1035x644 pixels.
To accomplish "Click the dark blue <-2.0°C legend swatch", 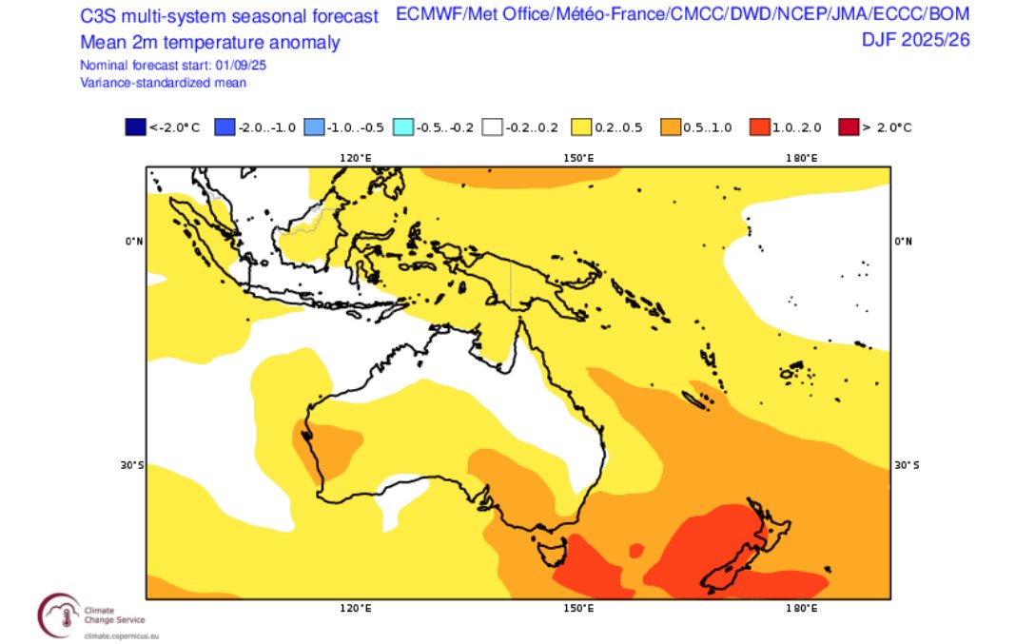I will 135,127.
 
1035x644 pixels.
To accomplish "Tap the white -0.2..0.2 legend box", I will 493,127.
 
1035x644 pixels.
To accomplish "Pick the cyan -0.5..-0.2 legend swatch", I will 403,127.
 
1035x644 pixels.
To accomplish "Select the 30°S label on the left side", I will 133,465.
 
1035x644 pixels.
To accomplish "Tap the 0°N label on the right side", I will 905,241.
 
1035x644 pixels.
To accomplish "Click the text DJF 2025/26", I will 916,40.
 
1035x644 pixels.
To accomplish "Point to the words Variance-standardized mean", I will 164,83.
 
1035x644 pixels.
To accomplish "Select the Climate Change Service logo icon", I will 59,614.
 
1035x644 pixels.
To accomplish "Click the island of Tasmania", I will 550,550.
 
